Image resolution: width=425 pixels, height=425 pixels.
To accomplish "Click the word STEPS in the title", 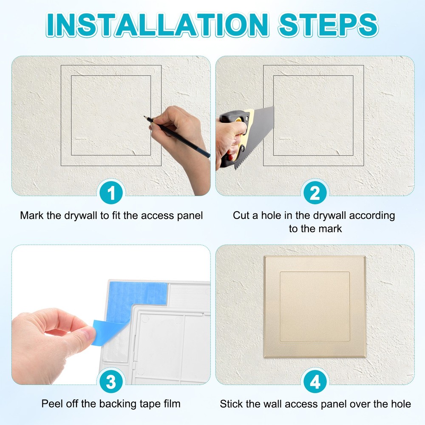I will [x=327, y=25].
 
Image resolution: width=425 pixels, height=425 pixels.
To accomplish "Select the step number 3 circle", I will [x=111, y=382].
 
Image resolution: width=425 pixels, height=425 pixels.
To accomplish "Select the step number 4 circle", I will [x=315, y=382].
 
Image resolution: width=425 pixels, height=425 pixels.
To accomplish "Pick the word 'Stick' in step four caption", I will [x=231, y=403].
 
